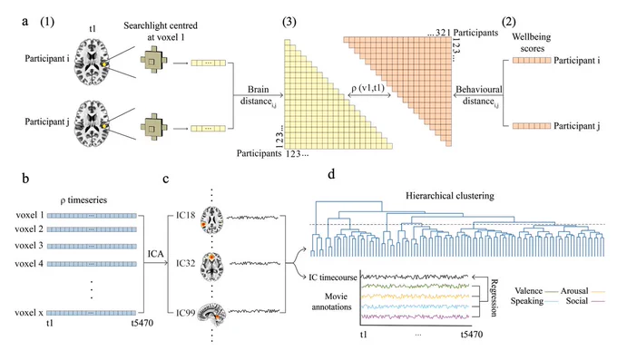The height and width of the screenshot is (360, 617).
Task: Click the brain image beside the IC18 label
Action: click(212, 220)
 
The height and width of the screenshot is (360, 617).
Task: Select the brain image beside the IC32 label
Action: click(212, 266)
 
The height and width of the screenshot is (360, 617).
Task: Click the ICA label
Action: click(155, 254)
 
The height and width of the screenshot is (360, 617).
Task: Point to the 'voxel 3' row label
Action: click(29, 246)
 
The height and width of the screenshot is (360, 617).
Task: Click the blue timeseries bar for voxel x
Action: click(92, 313)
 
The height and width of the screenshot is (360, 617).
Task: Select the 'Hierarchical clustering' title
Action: click(450, 196)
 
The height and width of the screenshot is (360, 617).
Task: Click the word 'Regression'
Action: click(494, 297)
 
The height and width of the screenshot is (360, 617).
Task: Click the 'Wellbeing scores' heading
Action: click(532, 43)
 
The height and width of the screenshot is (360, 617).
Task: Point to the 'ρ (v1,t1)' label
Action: click(367, 88)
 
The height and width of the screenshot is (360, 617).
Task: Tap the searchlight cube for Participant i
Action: click(153, 61)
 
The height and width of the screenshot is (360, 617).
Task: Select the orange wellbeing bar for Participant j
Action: click(532, 126)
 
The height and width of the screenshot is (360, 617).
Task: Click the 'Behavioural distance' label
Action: click(478, 95)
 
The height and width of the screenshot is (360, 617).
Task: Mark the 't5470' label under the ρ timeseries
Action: click(142, 323)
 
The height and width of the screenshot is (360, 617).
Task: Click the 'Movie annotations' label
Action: click(331, 301)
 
